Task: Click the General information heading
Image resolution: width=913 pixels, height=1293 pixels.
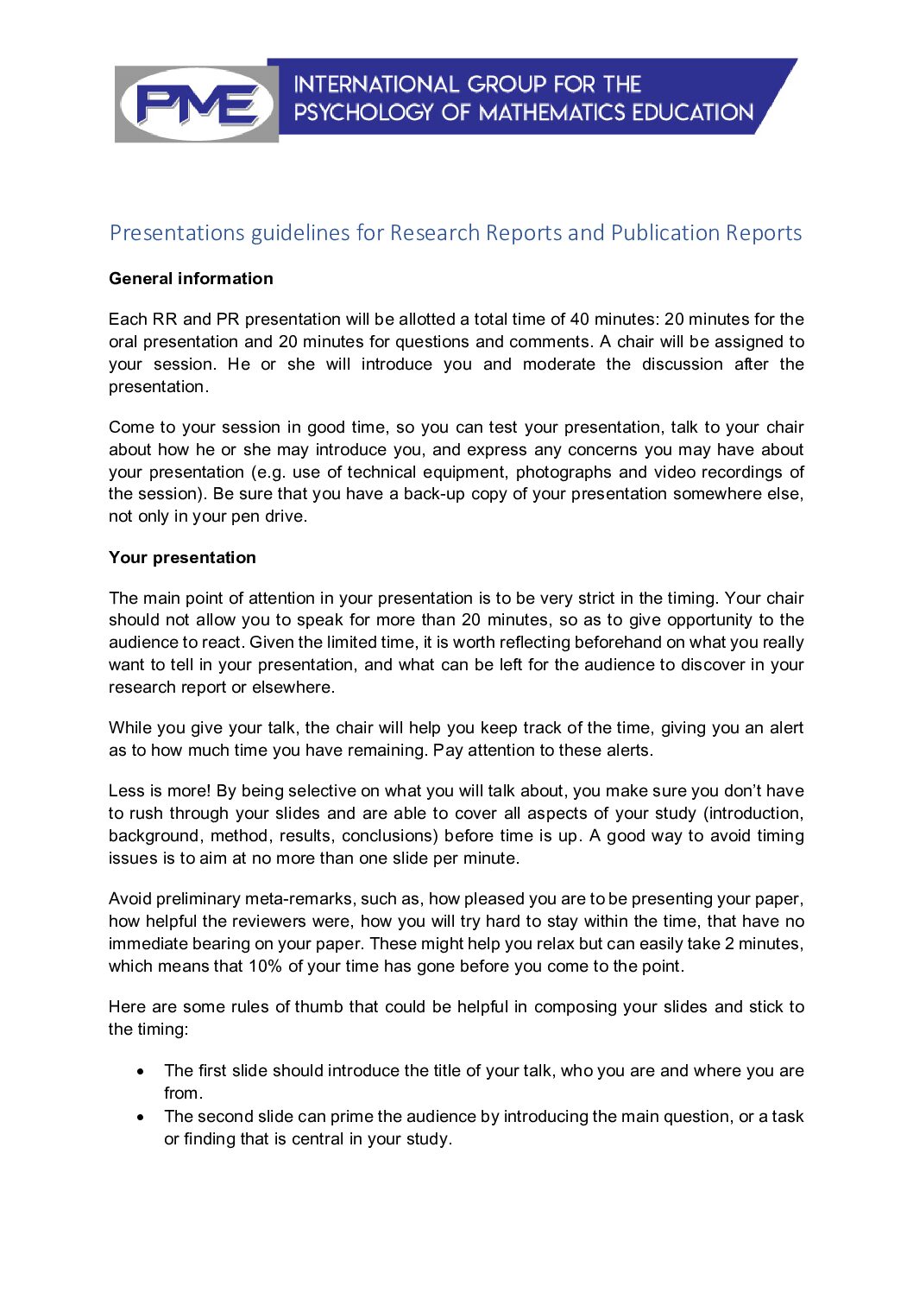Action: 191,279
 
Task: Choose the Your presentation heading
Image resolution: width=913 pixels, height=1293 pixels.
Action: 182,558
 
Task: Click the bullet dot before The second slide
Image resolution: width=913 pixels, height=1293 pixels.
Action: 141,1117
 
